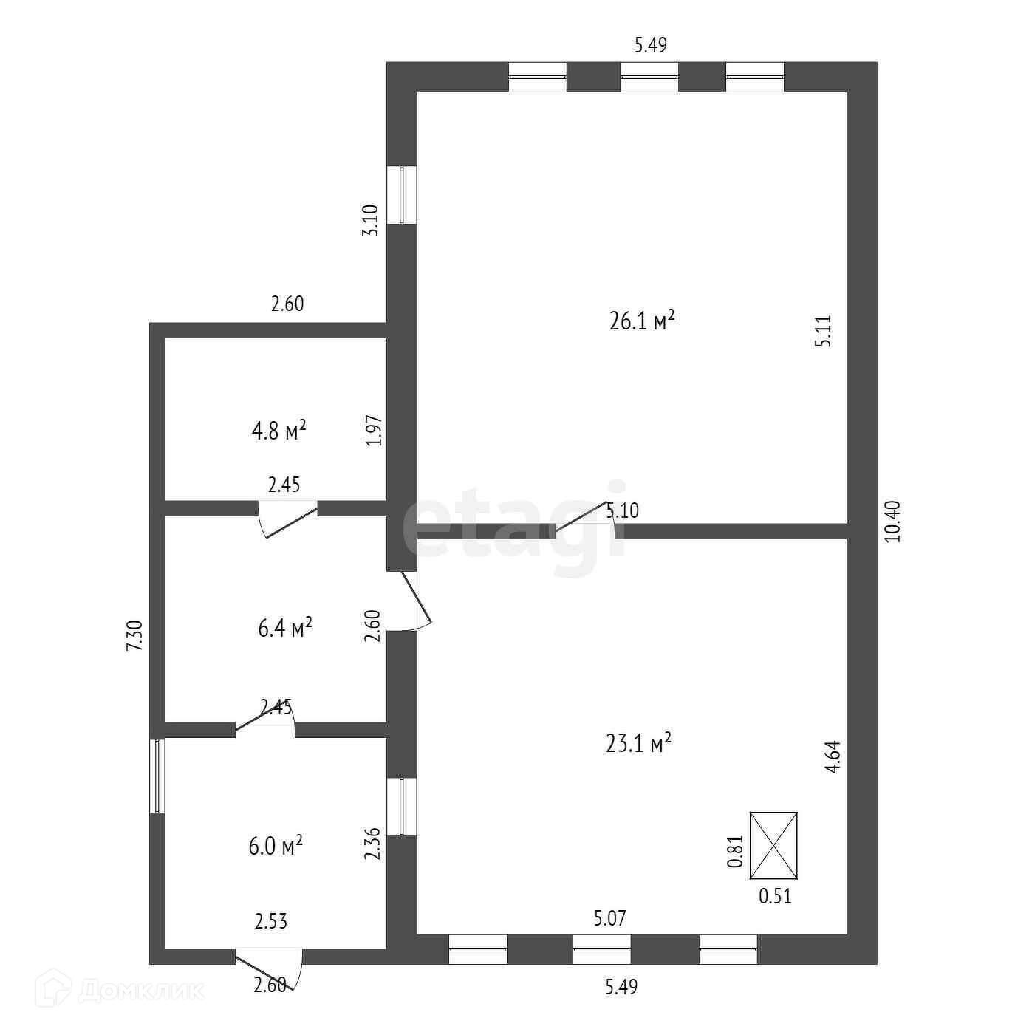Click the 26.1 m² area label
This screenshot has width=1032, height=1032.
pyautogui.click(x=642, y=322)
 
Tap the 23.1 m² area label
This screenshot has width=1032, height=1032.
pyautogui.click(x=638, y=743)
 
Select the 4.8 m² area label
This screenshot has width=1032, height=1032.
pyautogui.click(x=279, y=430)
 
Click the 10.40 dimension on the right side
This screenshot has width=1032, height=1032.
pyautogui.click(x=893, y=522)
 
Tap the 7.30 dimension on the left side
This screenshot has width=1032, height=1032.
pyautogui.click(x=134, y=635)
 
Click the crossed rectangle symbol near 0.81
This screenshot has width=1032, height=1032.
pyautogui.click(x=773, y=846)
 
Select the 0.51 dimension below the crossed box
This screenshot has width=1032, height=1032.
pyautogui.click(x=776, y=897)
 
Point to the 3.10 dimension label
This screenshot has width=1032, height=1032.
pyautogui.click(x=372, y=220)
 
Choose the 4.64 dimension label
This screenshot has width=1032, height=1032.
pyautogui.click(x=833, y=757)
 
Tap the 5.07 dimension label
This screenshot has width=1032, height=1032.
pyautogui.click(x=610, y=919)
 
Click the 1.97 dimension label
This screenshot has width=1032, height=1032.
pyautogui.click(x=375, y=430)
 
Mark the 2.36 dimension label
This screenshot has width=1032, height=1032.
pyautogui.click(x=373, y=844)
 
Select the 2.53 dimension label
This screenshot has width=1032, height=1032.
pyautogui.click(x=271, y=921)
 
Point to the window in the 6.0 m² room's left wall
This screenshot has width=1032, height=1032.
pyautogui.click(x=157, y=776)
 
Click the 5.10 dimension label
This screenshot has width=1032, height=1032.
pyautogui.click(x=622, y=510)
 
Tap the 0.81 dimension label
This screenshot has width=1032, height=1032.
pyautogui.click(x=735, y=851)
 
